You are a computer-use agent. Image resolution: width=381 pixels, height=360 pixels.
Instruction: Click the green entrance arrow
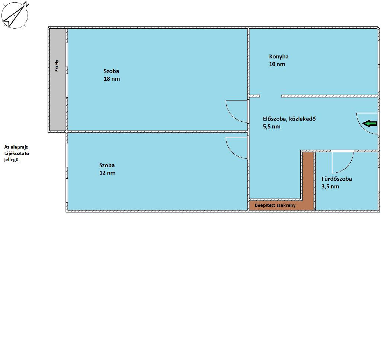(x=369, y=124)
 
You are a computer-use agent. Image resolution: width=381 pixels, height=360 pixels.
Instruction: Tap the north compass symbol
(x=15, y=15)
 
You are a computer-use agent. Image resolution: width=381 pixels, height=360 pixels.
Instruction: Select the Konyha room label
(x=279, y=56)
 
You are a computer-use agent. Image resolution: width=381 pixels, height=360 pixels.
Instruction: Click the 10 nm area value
(x=277, y=64)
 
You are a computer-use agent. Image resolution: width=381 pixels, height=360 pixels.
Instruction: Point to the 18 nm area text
(x=112, y=79)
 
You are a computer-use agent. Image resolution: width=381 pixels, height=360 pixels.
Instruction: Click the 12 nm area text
(x=108, y=173)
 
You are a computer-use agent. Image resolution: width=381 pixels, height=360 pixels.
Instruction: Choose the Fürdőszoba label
(x=337, y=179)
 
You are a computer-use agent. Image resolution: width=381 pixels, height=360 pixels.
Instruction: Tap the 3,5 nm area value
(x=330, y=187)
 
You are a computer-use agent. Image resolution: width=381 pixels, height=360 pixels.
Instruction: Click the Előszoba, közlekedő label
(x=289, y=119)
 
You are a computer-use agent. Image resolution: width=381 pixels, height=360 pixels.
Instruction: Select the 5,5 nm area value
(x=272, y=127)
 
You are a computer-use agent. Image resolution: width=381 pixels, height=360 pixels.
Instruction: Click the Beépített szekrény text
(x=275, y=206)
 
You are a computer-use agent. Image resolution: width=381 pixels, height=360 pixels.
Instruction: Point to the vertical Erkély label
(x=57, y=66)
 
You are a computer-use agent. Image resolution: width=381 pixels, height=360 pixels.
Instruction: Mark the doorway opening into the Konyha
(x=270, y=96)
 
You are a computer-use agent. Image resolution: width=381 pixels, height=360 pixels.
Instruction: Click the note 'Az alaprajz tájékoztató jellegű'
(x=16, y=153)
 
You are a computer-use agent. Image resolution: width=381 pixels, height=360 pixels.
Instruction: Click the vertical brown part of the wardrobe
(x=308, y=181)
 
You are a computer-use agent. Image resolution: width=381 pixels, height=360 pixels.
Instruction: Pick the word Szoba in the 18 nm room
(x=111, y=71)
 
